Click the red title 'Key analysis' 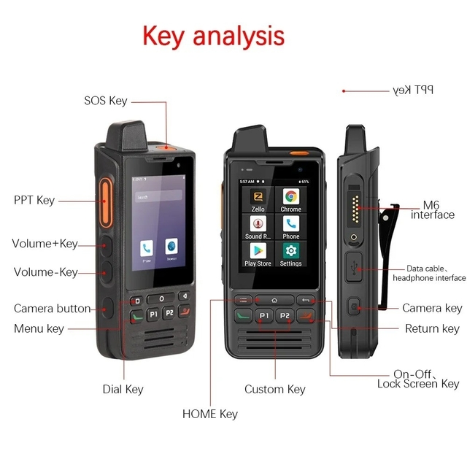[213, 35]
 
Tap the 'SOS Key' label [106, 101]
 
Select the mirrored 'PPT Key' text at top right [413, 90]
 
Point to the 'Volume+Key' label [45, 244]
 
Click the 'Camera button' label [53, 309]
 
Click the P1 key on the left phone [153, 314]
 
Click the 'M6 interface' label [433, 209]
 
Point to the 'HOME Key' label [210, 414]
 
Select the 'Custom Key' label [275, 390]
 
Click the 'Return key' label [432, 329]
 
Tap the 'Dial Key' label [123, 390]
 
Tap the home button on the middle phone [274, 300]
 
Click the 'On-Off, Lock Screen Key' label [418, 379]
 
